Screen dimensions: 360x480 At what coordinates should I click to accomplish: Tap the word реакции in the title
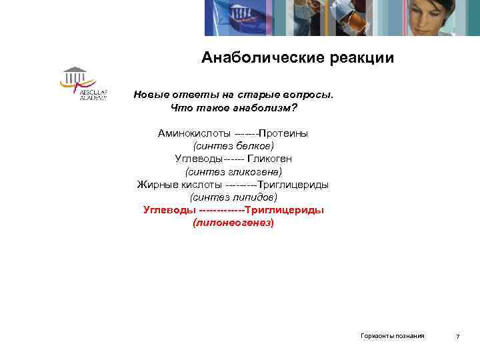[x=362, y=58]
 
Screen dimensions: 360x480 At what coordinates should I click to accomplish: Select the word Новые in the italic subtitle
[x=152, y=94]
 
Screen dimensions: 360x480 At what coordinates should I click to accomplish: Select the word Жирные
[x=156, y=185]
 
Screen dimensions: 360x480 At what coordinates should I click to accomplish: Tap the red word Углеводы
[x=169, y=210]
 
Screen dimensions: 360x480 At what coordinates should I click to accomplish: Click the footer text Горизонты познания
[x=393, y=335]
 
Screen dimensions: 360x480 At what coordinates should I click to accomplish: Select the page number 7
[x=457, y=336]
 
